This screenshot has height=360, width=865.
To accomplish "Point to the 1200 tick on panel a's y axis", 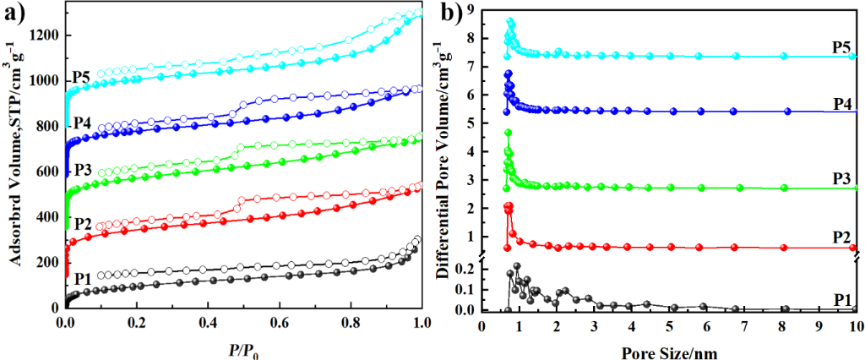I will (45, 35).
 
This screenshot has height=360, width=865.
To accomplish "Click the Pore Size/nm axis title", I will (667, 347).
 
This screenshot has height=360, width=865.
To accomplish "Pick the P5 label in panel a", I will (81, 74).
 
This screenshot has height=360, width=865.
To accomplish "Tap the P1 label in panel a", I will (81, 278).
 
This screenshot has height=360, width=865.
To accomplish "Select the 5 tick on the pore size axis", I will (668, 323).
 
